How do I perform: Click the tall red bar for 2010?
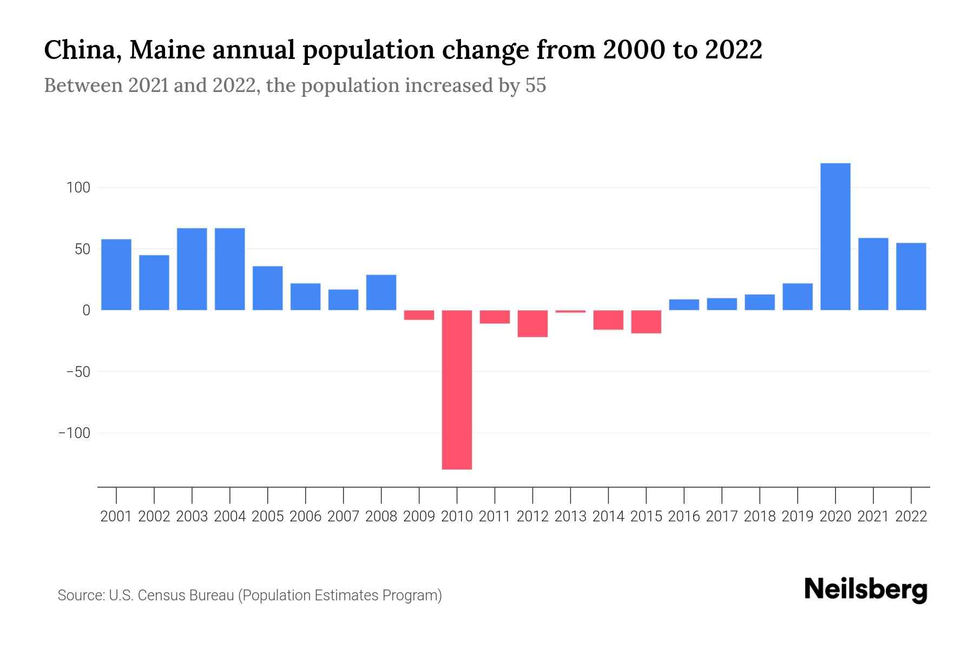457,389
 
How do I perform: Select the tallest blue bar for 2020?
835,236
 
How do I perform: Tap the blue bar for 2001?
116,274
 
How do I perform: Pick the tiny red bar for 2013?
570,312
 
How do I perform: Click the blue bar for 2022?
911,276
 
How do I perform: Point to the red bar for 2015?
646,322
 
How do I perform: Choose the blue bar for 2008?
381,293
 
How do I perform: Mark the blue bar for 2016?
684,304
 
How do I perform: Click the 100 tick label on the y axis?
78,188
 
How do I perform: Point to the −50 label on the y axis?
78,372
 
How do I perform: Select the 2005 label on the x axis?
268,516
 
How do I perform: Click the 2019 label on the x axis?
798,516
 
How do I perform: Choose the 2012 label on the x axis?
532,516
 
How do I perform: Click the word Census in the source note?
160,595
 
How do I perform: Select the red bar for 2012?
532,323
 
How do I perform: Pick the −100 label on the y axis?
75,433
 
